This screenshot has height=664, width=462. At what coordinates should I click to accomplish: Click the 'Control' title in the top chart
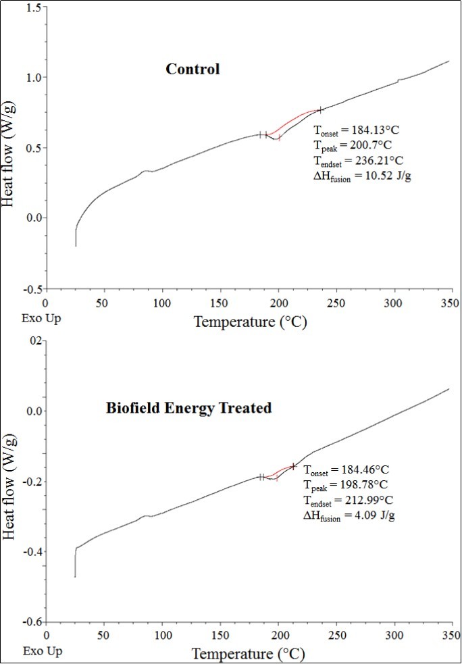click(192, 69)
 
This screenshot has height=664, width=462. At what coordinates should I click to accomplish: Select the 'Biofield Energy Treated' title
click(188, 408)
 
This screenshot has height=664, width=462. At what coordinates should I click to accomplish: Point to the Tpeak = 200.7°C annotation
click(354, 145)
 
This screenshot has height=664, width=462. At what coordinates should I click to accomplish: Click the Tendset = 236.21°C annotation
click(359, 161)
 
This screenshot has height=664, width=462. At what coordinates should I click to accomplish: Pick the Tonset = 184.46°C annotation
click(346, 469)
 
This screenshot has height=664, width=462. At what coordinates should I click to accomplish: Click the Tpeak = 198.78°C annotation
click(346, 485)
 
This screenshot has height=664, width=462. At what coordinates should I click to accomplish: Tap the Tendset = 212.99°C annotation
click(348, 501)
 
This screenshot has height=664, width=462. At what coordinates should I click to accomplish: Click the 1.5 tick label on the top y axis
click(31, 7)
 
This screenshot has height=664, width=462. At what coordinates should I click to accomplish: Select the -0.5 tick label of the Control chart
click(29, 288)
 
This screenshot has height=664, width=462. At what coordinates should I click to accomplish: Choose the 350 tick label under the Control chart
click(451, 305)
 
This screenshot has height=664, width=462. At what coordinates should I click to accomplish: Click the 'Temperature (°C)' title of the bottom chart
click(250, 654)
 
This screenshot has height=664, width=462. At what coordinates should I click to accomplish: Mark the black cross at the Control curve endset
click(320, 109)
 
